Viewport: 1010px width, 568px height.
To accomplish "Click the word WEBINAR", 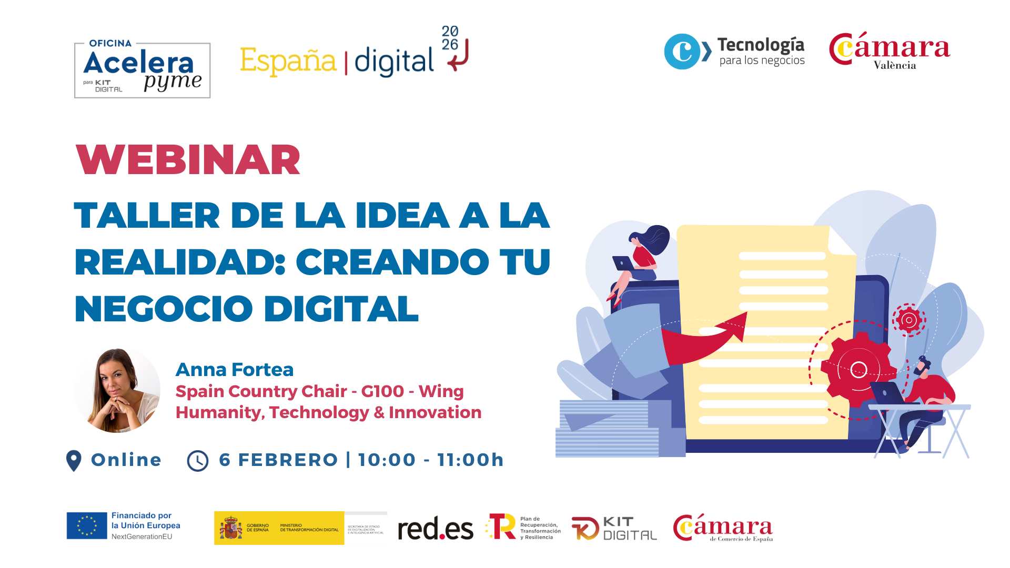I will point(188,160).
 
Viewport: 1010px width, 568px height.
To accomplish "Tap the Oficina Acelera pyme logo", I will point(142,70).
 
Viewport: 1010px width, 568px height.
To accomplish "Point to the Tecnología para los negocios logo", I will point(734,52).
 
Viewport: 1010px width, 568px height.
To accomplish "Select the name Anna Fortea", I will point(234,370).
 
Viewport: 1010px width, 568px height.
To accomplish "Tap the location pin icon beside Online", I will point(74,460).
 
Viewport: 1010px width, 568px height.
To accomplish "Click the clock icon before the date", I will point(198,461).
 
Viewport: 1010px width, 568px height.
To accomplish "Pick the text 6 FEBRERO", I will point(278,460).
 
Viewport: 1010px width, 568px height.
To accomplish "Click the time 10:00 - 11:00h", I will point(431,460).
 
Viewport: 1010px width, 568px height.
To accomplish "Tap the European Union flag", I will point(87,526).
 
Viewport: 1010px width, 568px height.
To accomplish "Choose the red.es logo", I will point(435,529).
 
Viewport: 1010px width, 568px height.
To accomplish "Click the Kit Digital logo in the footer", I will point(614,529).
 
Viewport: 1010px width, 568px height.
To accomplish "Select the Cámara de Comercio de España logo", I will point(723,528).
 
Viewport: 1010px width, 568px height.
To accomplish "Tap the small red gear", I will point(908,320).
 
